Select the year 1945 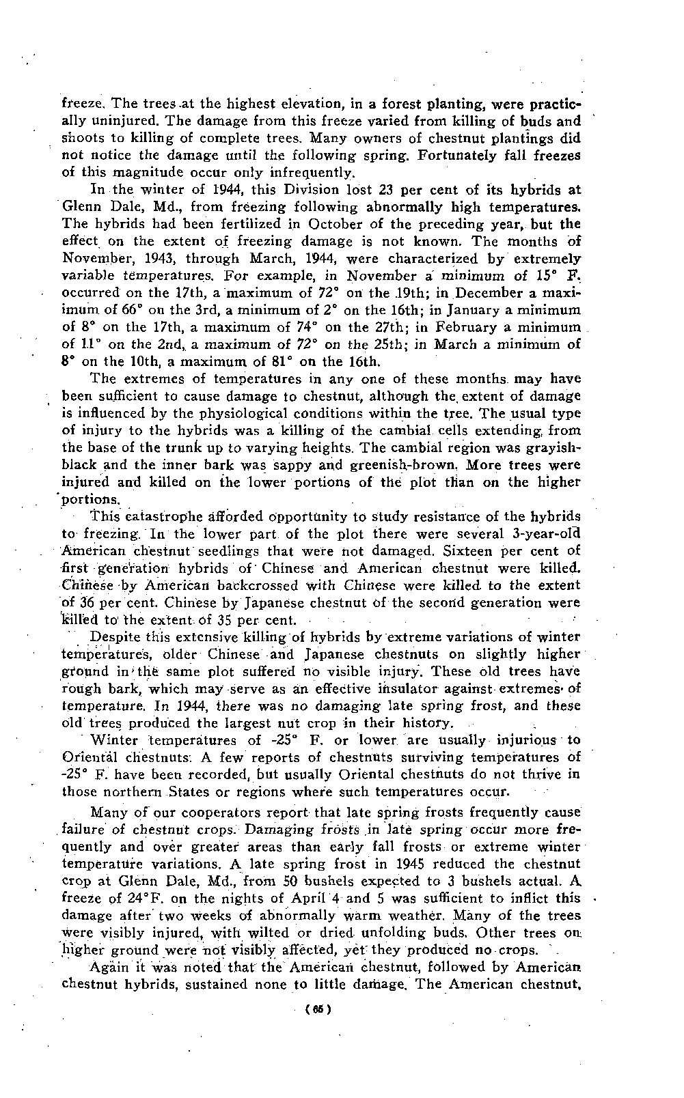pos(418,864)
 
